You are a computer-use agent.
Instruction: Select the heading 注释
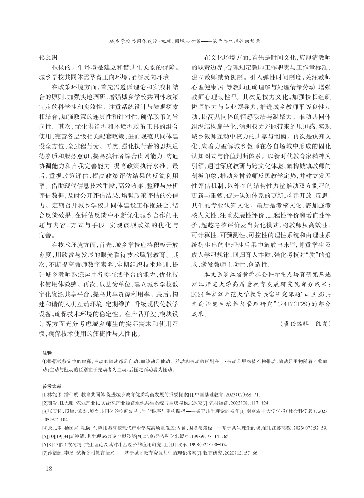pos(47,353)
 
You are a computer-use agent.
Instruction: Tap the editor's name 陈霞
pos(322,324)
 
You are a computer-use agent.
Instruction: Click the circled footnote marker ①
pos(44,361)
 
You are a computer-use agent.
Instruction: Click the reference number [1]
pos(44,394)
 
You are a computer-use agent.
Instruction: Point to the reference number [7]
pos(44,453)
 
